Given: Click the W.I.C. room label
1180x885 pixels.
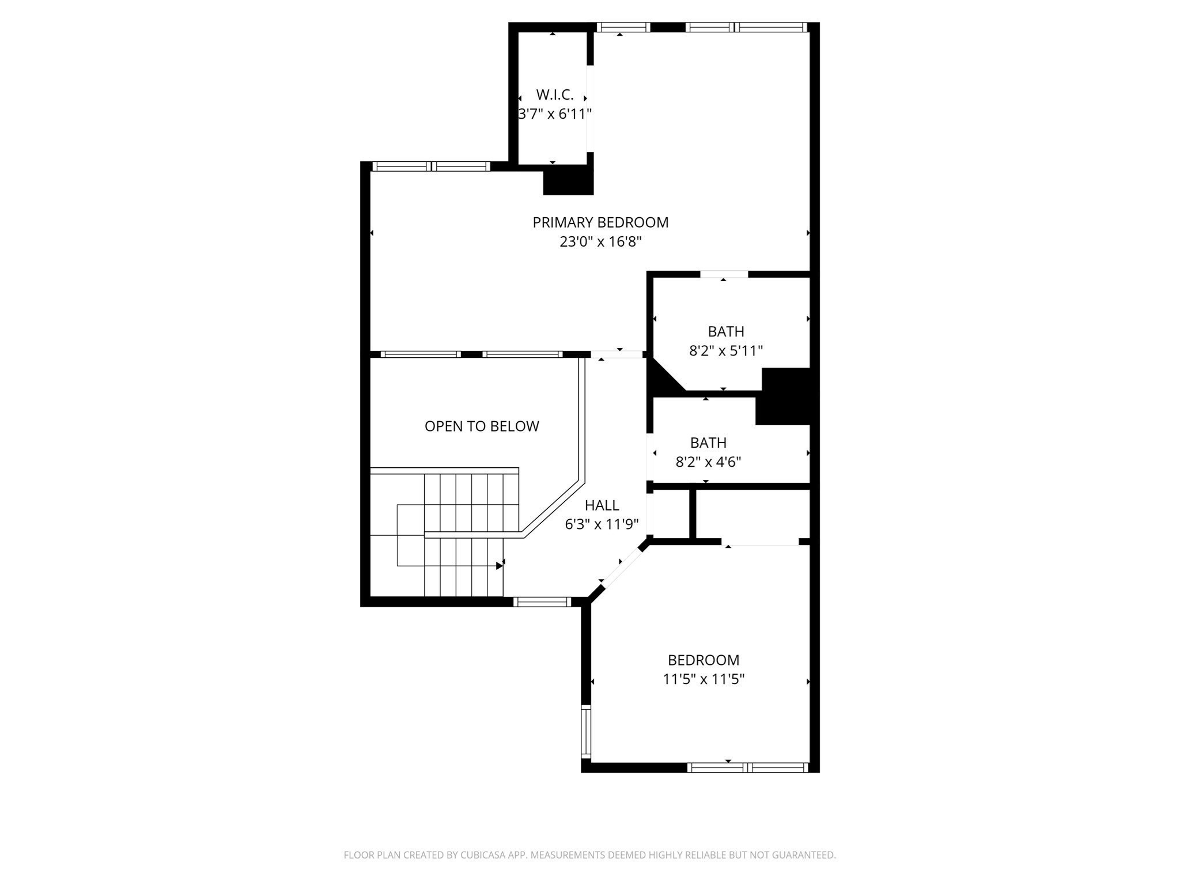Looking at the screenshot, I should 554,95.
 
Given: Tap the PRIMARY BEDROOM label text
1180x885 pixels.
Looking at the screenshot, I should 600,222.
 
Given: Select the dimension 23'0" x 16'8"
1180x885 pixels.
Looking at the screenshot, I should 600,241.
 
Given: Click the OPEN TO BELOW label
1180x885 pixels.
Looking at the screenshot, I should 482,426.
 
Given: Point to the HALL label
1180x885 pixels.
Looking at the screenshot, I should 602,505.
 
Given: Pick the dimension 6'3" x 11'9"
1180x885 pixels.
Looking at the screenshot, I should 602,524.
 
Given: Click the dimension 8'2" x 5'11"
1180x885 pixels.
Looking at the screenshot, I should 726,351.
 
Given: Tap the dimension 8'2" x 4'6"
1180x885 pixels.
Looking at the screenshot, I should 708,462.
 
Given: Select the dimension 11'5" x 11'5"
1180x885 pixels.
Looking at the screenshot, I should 704,679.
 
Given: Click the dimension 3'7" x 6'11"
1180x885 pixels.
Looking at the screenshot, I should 555,114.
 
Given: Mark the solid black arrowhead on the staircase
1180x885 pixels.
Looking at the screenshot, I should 499,566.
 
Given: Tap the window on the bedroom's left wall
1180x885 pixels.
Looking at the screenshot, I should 586,732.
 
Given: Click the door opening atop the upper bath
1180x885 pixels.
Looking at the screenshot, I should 724,274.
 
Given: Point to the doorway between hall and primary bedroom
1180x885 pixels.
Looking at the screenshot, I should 617,354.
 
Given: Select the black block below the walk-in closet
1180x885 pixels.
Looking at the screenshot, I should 568,180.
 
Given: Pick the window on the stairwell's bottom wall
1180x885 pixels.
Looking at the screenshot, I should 542,602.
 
